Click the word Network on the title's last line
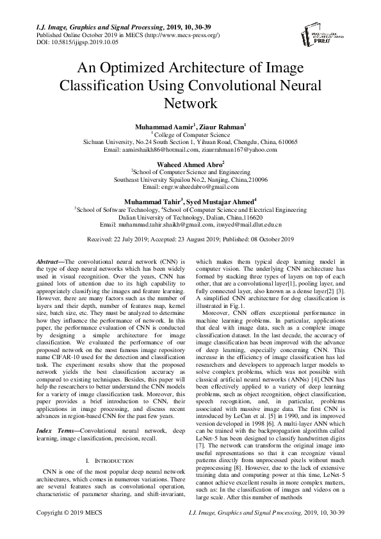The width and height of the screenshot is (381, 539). coord(191,102)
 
